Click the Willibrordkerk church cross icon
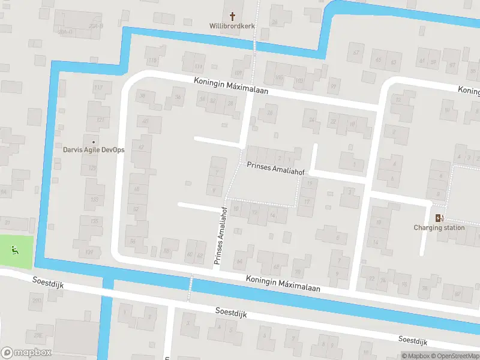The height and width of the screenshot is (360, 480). click(232, 15)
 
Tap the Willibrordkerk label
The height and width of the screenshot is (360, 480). click(232, 26)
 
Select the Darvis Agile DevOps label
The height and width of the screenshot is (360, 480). click(94, 149)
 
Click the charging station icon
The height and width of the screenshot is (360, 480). click(439, 218)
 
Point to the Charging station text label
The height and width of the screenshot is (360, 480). click(439, 228)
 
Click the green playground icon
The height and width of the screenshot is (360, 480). click(15, 250)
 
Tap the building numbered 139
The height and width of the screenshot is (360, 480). click(90, 251)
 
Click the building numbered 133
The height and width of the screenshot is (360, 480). click(94, 199)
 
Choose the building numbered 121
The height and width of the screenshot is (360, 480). click(100, 119)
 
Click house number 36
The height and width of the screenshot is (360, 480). click(177, 97)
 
